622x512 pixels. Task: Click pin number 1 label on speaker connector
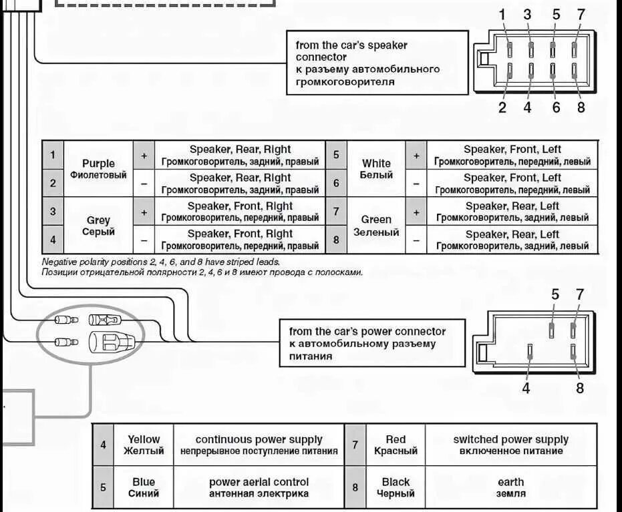pos(502,15)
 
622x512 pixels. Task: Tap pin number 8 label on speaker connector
pos(581,106)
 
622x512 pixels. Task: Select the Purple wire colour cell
pos(98,169)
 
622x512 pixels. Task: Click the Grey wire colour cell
pos(98,226)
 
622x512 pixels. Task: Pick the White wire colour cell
pos(376,169)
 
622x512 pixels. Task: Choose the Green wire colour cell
pos(376,225)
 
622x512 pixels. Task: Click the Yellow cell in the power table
pos(144,445)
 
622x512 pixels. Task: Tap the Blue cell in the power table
pos(144,487)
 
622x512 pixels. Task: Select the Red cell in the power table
pos(396,445)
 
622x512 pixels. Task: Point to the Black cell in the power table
pos(396,487)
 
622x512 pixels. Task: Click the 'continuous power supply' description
pos(259,445)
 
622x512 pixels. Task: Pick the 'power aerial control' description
pos(259,487)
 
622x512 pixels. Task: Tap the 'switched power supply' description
pos(510,445)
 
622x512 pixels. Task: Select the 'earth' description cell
pos(510,487)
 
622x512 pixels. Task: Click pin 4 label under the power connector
pos(526,387)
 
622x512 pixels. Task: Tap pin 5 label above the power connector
pos(555,294)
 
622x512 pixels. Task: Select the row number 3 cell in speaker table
pos(53,212)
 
